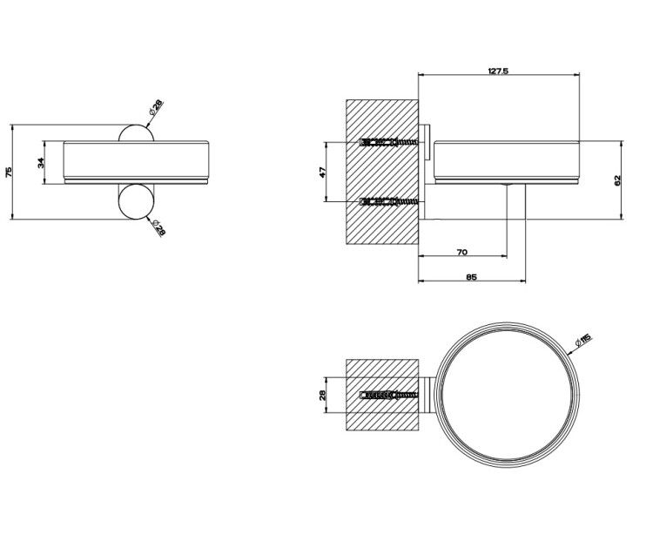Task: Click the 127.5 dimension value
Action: click(498, 71)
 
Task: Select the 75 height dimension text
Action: click(10, 172)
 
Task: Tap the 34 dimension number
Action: click(41, 163)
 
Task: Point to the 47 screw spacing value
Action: click(323, 172)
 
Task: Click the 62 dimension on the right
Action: click(617, 180)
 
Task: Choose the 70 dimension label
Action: click(461, 252)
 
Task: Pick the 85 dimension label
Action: click(471, 277)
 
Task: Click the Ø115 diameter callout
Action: click(582, 342)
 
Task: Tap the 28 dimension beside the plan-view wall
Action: click(323, 396)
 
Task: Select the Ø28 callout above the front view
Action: click(156, 108)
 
